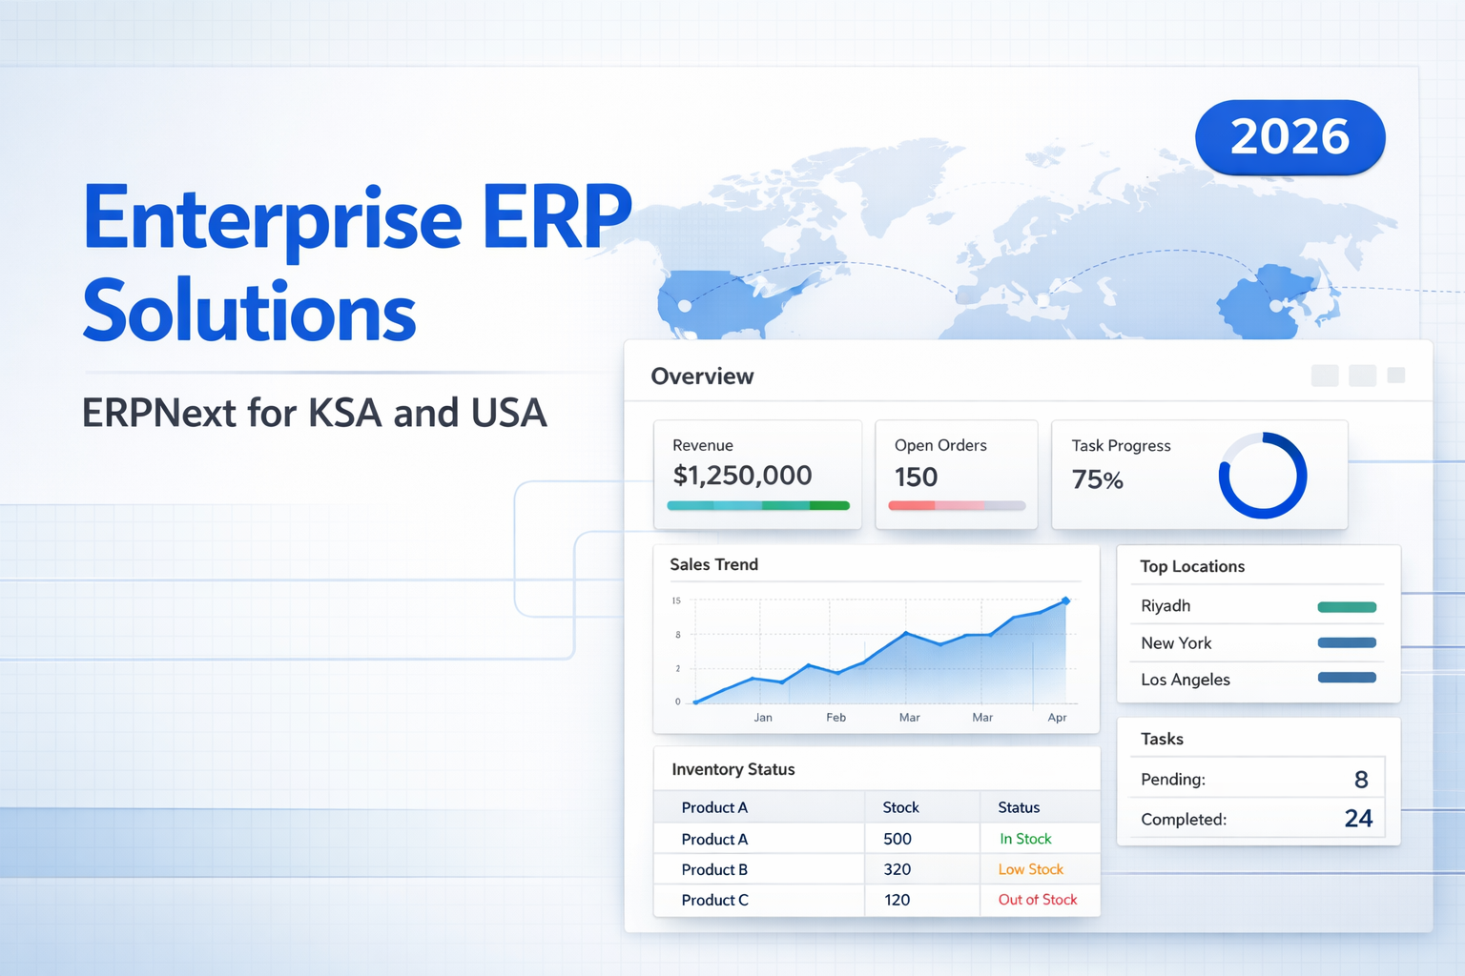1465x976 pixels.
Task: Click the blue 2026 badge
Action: point(1290,137)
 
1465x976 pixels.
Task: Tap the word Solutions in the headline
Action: point(249,312)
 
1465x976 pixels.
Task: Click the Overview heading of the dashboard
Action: point(702,376)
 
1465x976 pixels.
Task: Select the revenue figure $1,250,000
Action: point(742,476)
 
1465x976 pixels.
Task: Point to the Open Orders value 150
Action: point(916,477)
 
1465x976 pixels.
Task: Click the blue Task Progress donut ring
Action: point(1262,476)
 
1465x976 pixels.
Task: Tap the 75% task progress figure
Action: point(1097,479)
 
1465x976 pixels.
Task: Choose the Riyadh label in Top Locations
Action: point(1166,606)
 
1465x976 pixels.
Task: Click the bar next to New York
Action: point(1346,642)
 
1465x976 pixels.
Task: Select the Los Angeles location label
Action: point(1185,680)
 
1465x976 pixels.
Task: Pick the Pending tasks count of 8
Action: point(1361,780)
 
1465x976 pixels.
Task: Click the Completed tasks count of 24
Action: point(1358,819)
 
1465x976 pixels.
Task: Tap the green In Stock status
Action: point(1025,839)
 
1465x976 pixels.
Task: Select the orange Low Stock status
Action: point(1030,869)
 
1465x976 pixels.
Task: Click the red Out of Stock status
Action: point(1037,900)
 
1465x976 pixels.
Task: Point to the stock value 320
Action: point(897,869)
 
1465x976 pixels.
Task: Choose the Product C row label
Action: point(714,900)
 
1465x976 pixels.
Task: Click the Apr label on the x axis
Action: point(1057,718)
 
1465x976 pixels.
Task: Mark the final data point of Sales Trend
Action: point(1065,601)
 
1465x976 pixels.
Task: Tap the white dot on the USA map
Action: point(684,306)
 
